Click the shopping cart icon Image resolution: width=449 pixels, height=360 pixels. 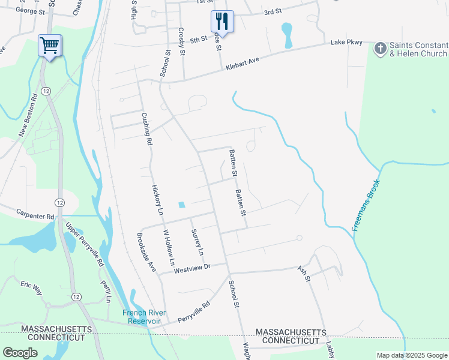click(49, 45)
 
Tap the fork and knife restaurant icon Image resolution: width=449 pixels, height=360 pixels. click(221, 21)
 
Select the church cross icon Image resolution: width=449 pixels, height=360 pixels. click(380, 47)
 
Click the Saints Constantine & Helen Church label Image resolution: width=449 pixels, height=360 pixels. click(418, 49)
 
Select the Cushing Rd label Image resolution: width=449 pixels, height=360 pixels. click(145, 129)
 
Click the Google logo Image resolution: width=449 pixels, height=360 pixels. click(20, 353)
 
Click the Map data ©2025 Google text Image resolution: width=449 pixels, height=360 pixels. click(412, 355)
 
